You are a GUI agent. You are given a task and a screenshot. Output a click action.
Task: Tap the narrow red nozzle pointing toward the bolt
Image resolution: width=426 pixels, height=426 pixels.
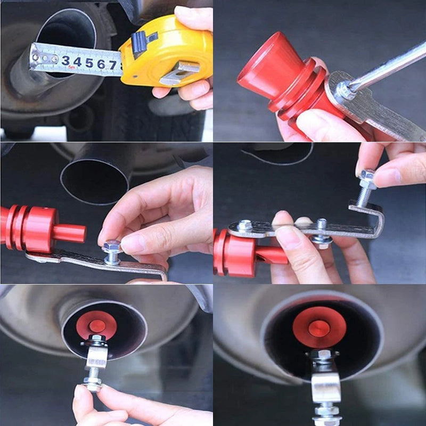click(69, 233)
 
